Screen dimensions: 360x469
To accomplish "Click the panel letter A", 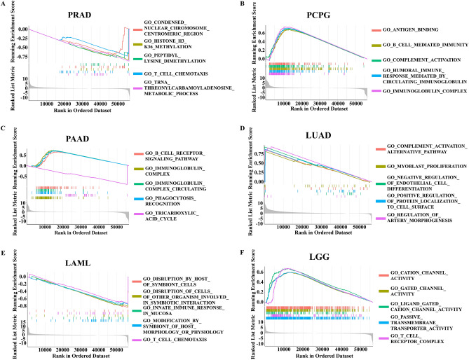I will coord(4,5).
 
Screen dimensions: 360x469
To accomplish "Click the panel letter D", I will coord(241,127).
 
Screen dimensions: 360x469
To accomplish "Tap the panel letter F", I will coord(241,247).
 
